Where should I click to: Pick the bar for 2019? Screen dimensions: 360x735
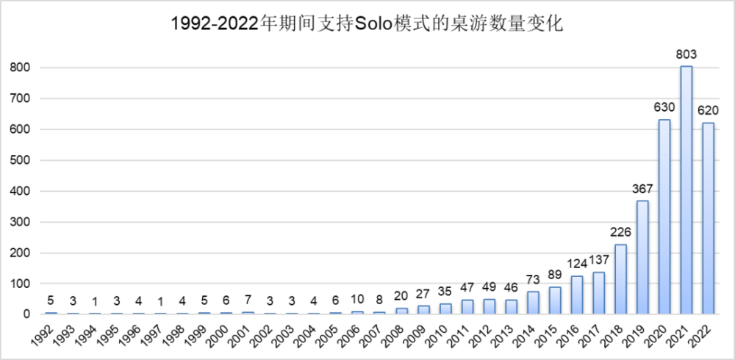pyautogui.click(x=642, y=257)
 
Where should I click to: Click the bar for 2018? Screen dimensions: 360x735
pyautogui.click(x=620, y=279)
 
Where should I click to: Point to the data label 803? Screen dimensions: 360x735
pyautogui.click(x=686, y=54)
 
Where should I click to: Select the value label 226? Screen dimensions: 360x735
pyautogui.click(x=620, y=231)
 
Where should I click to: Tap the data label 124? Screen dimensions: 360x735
pyautogui.click(x=576, y=263)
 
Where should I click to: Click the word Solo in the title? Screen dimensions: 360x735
pyautogui.click(x=373, y=24)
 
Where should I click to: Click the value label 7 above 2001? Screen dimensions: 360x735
pyautogui.click(x=248, y=299)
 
